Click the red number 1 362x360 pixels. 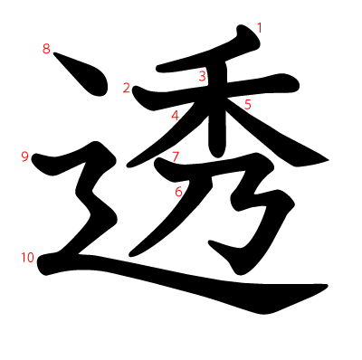click(259, 28)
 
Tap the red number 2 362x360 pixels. click(127, 88)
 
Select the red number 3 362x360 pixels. click(202, 76)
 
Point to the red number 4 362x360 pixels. click(175, 115)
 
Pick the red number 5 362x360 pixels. click(247, 104)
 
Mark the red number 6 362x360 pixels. click(178, 191)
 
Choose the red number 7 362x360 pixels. click(176, 156)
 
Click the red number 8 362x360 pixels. click(46, 49)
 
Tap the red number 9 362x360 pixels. click(24, 156)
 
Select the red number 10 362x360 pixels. click(27, 258)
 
